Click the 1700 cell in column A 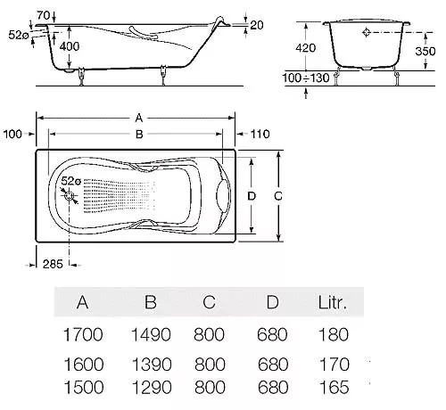pyautogui.click(x=83, y=334)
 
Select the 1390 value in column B pyautogui.click(x=152, y=365)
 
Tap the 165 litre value pyautogui.click(x=334, y=388)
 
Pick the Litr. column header pyautogui.click(x=333, y=302)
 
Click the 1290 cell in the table pyautogui.click(x=152, y=388)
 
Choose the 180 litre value pyautogui.click(x=334, y=334)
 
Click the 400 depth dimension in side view pyautogui.click(x=70, y=46)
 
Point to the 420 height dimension pyautogui.click(x=305, y=48)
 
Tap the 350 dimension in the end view pyautogui.click(x=425, y=51)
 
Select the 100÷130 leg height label pyautogui.click(x=306, y=78)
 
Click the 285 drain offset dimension pyautogui.click(x=53, y=264)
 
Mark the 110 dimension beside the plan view pyautogui.click(x=260, y=134)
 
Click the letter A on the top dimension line pyautogui.click(x=139, y=119)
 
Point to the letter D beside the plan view pyautogui.click(x=252, y=196)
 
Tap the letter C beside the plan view pyautogui.click(x=278, y=196)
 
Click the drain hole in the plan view pyautogui.click(x=70, y=196)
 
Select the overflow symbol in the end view pyautogui.click(x=367, y=32)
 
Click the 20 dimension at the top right pyautogui.click(x=257, y=25)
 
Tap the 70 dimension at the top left pyautogui.click(x=44, y=15)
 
